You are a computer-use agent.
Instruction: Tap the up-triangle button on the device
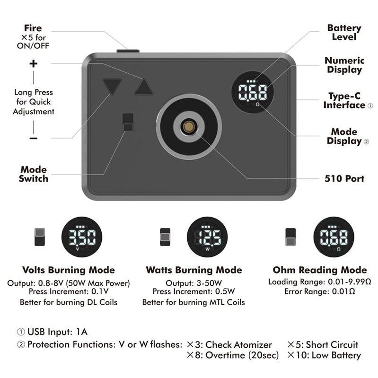pyautogui.click(x=144, y=87)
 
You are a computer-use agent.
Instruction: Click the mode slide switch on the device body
pyautogui.click(x=128, y=123)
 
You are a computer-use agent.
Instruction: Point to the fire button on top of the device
pyautogui.click(x=128, y=51)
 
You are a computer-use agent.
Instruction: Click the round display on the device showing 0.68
pyautogui.click(x=253, y=92)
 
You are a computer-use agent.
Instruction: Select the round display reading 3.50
pyautogui.click(x=82, y=237)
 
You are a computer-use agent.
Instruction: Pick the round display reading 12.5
pyautogui.click(x=207, y=237)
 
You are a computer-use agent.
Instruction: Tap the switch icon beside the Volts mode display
pyautogui.click(x=40, y=237)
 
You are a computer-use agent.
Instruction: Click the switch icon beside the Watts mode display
pyautogui.click(x=165, y=237)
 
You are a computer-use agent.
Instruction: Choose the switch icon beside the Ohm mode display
pyautogui.click(x=290, y=237)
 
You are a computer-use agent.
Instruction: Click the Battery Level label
pyautogui.click(x=344, y=32)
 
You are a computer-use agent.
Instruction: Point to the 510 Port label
pyautogui.click(x=344, y=179)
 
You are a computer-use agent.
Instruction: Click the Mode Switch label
pyautogui.click(x=34, y=174)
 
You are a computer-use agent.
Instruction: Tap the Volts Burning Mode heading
pyautogui.click(x=69, y=270)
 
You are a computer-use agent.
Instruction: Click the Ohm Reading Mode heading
pyautogui.click(x=320, y=270)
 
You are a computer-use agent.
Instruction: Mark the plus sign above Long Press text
pyautogui.click(x=34, y=64)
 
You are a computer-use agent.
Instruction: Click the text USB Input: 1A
pyautogui.click(x=52, y=332)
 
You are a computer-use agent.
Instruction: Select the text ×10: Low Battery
pyautogui.click(x=324, y=355)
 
